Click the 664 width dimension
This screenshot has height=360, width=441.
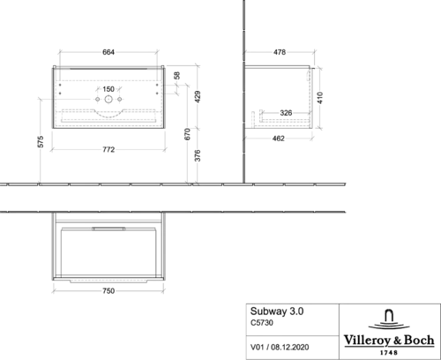pyautogui.click(x=108, y=52)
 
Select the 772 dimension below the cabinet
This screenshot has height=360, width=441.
pyautogui.click(x=108, y=149)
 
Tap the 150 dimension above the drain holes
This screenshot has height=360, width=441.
pyautogui.click(x=108, y=89)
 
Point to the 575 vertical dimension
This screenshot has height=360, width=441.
pyautogui.click(x=41, y=141)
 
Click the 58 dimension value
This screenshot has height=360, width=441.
pyautogui.click(x=176, y=75)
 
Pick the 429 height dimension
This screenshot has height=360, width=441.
pyautogui.click(x=198, y=96)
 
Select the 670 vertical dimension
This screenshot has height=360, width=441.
pyautogui.click(x=187, y=134)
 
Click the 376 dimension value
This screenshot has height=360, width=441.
pyautogui.click(x=198, y=155)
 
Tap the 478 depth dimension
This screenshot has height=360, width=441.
pyautogui.click(x=280, y=52)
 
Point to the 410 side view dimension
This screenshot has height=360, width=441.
pyautogui.click(x=320, y=98)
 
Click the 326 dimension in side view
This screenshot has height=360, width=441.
pyautogui.click(x=286, y=113)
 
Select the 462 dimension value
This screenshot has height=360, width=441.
pyautogui.click(x=278, y=139)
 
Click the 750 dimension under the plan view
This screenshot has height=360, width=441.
pyautogui.click(x=108, y=291)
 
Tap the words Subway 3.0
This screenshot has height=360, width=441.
pyautogui.click(x=277, y=311)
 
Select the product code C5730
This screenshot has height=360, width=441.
pyautogui.click(x=262, y=323)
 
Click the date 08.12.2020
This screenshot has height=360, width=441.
pyautogui.click(x=290, y=347)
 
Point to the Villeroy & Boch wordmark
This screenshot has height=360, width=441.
pyautogui.click(x=389, y=341)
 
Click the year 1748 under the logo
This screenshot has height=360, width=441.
pyautogui.click(x=389, y=352)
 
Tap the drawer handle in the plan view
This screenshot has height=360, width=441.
pyautogui.click(x=108, y=229)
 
